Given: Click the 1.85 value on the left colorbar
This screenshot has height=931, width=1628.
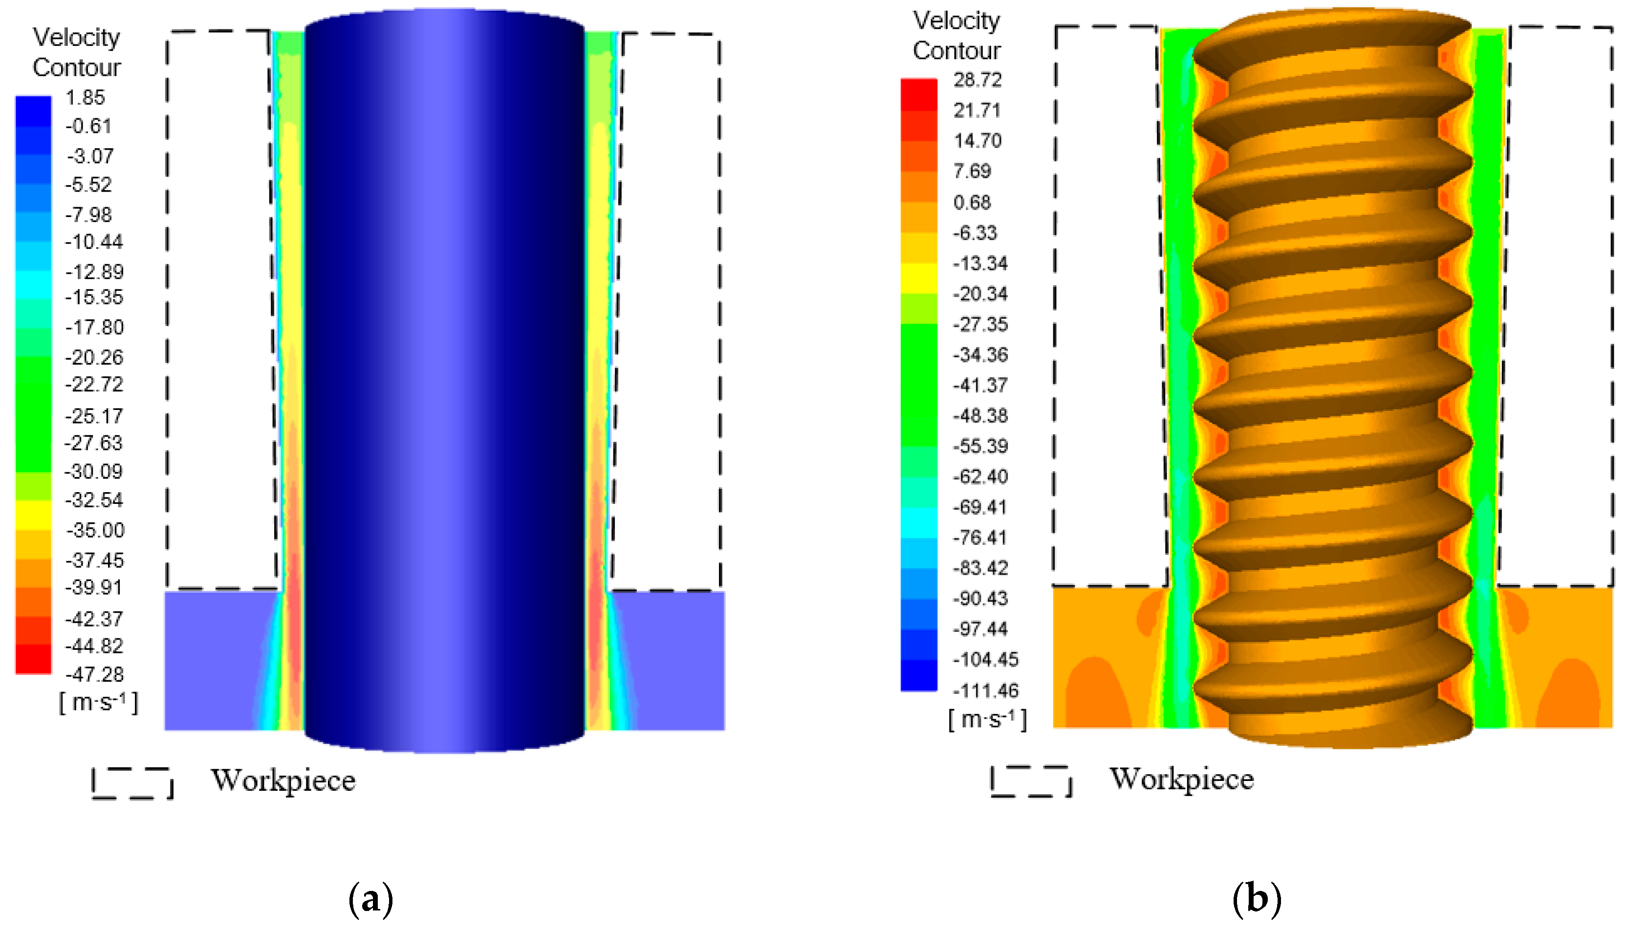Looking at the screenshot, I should pyautogui.click(x=85, y=98).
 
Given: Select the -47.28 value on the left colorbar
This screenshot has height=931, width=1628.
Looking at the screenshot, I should pyautogui.click(x=95, y=674).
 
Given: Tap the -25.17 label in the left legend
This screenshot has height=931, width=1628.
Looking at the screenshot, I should pyautogui.click(x=95, y=416).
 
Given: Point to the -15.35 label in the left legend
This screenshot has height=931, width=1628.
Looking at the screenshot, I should pyautogui.click(x=95, y=297).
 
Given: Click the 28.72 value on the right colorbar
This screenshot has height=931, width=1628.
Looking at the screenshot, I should pyautogui.click(x=977, y=80).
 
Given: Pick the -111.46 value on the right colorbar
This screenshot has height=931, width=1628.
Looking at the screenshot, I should pyautogui.click(x=985, y=691).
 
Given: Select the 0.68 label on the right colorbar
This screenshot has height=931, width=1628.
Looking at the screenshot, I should pyautogui.click(x=972, y=203).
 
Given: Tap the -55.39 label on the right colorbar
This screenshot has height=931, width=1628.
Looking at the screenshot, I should pyautogui.click(x=980, y=446).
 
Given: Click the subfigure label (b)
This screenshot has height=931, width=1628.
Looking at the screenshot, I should pyautogui.click(x=1257, y=898).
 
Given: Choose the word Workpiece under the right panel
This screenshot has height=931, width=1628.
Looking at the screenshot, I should pyautogui.click(x=1182, y=779).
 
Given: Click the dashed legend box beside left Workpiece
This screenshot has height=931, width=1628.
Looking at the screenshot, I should pyautogui.click(x=132, y=783).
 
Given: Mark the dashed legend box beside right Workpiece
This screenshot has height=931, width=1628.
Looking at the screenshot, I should pyautogui.click(x=1031, y=781).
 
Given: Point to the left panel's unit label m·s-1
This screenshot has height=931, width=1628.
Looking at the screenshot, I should pyautogui.click(x=98, y=703).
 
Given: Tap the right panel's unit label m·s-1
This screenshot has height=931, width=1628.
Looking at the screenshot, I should pyautogui.click(x=988, y=719).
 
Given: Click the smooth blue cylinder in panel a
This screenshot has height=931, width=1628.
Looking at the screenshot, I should pyautogui.click(x=444, y=384).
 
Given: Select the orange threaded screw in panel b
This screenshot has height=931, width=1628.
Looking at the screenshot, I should pyautogui.click(x=1333, y=384).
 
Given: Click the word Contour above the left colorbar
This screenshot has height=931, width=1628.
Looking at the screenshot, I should pyautogui.click(x=77, y=67).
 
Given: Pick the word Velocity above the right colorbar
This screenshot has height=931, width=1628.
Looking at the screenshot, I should pyautogui.click(x=956, y=21).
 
